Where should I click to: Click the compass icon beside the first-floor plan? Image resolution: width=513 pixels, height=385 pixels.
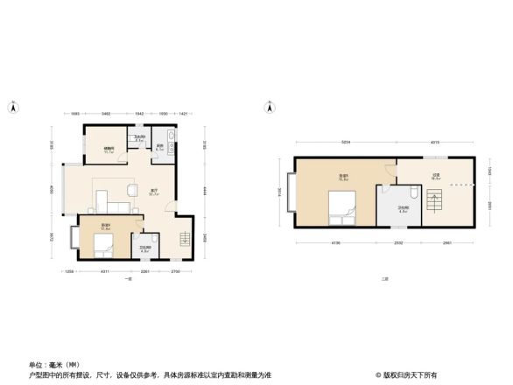coord(12,108)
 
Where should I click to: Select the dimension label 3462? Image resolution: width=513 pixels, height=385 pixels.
coord(105,115)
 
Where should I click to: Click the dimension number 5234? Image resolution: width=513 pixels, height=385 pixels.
coord(346,143)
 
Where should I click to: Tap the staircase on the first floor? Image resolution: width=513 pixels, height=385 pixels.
coord(183,240)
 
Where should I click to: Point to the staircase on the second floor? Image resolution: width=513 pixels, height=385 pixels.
coord(435,206)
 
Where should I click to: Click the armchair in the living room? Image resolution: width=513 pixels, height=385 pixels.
coord(132,189)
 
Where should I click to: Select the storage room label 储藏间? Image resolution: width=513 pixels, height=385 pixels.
coord(109,149)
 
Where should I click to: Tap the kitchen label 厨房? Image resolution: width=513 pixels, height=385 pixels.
coord(159,147)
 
